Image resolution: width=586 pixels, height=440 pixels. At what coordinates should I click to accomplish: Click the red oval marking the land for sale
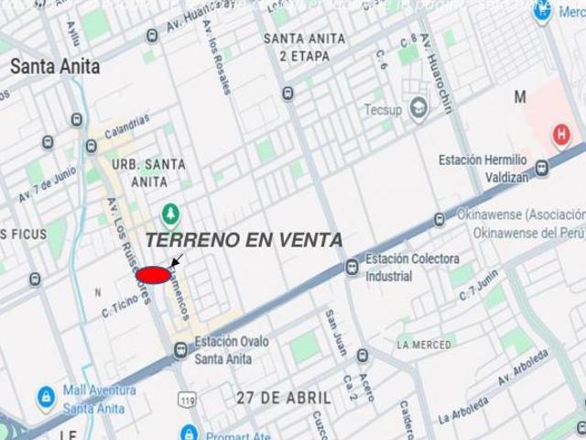click(152, 275)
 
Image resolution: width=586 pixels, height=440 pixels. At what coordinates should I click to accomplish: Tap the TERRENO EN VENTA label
click(244, 240)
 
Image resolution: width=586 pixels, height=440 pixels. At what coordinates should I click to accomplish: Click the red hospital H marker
click(561, 136)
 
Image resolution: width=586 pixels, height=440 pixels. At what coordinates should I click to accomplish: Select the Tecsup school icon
click(419, 109)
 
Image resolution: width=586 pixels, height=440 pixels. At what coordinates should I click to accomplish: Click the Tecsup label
click(385, 109)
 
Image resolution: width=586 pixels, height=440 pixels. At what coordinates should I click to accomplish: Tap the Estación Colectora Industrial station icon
click(352, 267)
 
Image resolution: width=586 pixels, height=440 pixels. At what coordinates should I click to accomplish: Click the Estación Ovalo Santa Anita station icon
click(180, 349)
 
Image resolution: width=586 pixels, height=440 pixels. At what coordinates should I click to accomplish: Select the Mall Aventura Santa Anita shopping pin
click(46, 397)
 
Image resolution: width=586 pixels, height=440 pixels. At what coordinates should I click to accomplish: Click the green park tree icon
click(169, 214)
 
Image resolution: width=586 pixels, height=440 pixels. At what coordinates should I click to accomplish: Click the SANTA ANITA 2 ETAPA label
click(304, 46)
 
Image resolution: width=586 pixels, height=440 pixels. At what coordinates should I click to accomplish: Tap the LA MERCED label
click(424, 345)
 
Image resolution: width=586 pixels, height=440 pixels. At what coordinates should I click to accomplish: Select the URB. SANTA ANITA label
click(148, 173)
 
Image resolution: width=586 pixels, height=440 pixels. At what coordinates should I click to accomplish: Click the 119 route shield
click(189, 401)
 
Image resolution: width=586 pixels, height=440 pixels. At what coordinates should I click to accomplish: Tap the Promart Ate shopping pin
click(190, 433)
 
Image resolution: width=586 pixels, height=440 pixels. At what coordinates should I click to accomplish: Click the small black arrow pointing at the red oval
click(175, 261)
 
